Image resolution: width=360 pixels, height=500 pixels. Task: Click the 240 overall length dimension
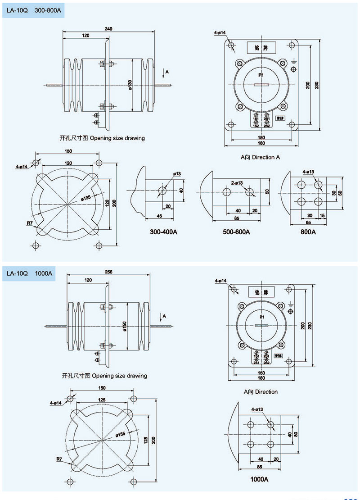click(108, 28)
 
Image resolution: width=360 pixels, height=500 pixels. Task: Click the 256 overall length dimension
click(108, 272)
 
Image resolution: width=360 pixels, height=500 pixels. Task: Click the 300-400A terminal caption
click(164, 232)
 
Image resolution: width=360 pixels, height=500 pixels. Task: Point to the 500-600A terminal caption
click(236, 232)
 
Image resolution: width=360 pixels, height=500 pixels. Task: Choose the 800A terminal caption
click(308, 232)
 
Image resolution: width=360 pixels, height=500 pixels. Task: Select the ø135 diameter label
click(86, 197)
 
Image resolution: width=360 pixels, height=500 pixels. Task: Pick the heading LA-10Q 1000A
click(29, 273)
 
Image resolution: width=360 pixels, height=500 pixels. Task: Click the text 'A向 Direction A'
click(260, 157)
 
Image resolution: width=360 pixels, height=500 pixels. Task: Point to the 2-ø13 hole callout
click(237, 183)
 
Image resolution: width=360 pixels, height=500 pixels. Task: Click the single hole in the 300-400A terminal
click(162, 191)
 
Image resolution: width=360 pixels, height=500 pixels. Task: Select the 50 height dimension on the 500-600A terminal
click(267, 192)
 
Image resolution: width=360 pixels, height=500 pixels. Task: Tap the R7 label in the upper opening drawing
click(30, 223)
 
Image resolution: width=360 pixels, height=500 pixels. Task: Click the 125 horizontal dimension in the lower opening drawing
click(102, 400)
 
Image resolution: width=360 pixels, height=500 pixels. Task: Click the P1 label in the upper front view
click(261, 75)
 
